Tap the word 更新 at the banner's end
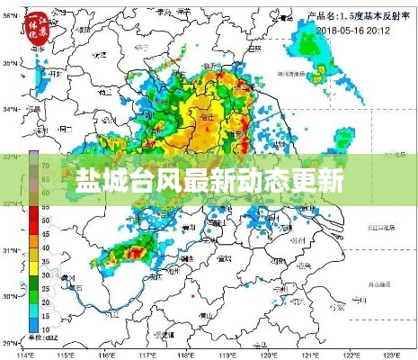(318, 180)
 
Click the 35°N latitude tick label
(11, 63)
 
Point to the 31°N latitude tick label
(11, 249)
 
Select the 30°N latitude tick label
(11, 296)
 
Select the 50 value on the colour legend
(45, 220)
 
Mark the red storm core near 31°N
(134, 255)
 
